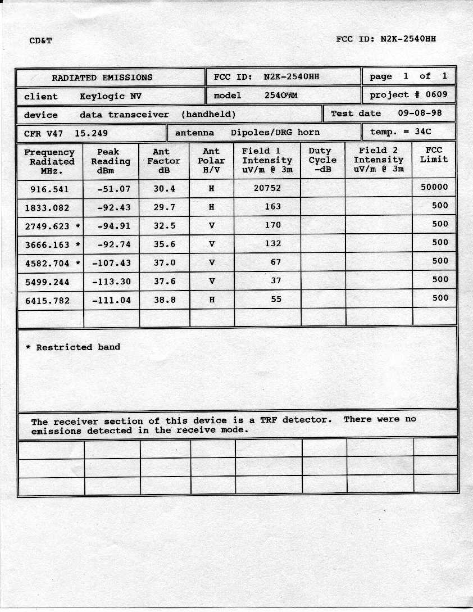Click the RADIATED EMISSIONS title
coord(102,78)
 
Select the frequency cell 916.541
coord(49,189)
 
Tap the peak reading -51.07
coord(113,189)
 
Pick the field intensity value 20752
coord(267,188)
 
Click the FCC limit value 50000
coord(434,187)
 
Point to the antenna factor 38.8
coord(165,300)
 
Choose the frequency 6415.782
coord(48,301)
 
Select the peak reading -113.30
coord(111,282)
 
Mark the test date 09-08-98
coord(420,113)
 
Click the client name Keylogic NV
coord(111,96)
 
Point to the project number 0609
coord(436,94)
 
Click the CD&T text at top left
coord(41,40)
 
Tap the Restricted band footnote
coord(73,347)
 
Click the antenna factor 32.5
coord(165,226)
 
